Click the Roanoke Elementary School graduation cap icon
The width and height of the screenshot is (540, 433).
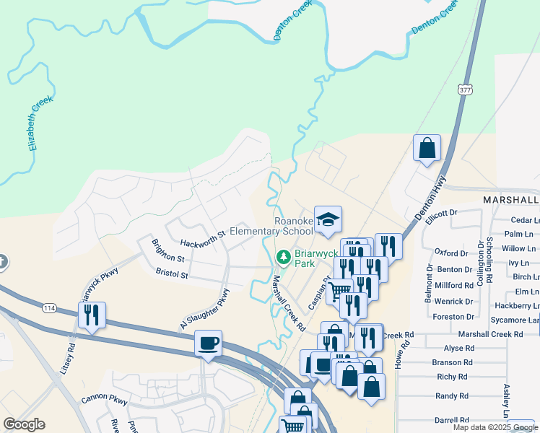click(x=328, y=219)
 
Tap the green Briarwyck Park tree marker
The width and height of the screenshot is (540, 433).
click(x=284, y=257)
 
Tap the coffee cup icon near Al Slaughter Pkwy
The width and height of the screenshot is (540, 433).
click(x=208, y=343)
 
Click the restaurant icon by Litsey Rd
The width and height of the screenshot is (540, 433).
click(x=92, y=315)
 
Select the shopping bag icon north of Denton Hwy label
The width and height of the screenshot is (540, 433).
click(x=427, y=149)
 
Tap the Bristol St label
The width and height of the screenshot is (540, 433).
click(x=172, y=274)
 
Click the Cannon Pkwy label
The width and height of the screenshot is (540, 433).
click(x=104, y=398)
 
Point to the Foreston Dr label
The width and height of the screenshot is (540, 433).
click(x=453, y=316)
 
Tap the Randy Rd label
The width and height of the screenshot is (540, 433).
click(x=452, y=396)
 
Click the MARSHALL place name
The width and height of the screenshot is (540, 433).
click(x=510, y=199)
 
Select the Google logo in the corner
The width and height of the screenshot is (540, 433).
click(x=25, y=424)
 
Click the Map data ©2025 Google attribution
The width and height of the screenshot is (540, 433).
click(x=495, y=427)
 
